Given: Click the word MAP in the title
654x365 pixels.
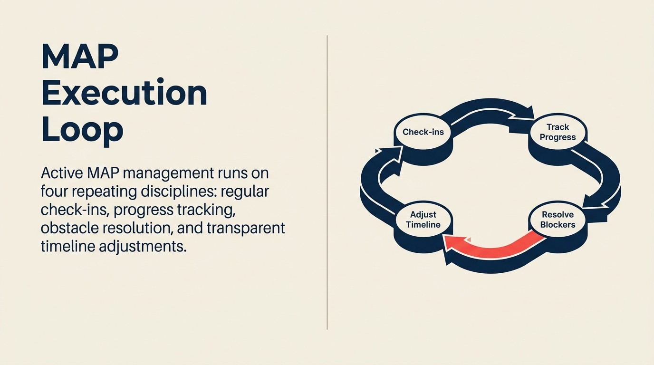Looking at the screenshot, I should (x=80, y=57).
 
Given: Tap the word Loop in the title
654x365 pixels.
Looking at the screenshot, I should (x=82, y=129).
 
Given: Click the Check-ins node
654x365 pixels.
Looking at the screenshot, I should (x=423, y=132).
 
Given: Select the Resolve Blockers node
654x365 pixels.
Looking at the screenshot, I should (x=558, y=220).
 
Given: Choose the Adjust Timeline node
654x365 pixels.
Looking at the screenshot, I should (x=423, y=220).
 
